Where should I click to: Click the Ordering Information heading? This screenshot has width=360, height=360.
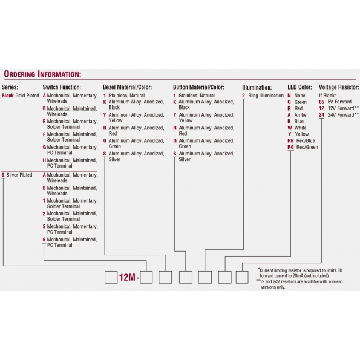click(x=42, y=74)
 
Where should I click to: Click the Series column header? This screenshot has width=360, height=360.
click(x=10, y=87)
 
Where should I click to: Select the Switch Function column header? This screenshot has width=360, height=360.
click(x=62, y=87)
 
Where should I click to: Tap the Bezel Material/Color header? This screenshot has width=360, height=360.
click(x=127, y=87)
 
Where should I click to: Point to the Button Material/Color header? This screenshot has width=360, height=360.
click(x=198, y=87)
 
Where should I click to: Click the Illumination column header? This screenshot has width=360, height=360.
click(x=257, y=87)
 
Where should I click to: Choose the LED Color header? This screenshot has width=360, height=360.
click(x=299, y=87)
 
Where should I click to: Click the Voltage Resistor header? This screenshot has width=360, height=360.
click(x=339, y=87)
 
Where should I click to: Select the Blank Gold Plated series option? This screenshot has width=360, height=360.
click(x=20, y=96)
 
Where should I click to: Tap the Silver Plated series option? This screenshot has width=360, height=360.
click(x=17, y=175)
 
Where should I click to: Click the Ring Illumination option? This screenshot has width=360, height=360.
click(x=263, y=96)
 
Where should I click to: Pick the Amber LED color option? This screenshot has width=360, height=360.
click(x=298, y=115)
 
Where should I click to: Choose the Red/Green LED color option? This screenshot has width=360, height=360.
click(x=303, y=147)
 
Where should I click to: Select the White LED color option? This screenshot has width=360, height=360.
click(x=297, y=128)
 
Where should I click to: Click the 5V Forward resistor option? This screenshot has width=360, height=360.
click(x=335, y=102)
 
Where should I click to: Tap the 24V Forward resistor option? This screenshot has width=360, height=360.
click(x=339, y=115)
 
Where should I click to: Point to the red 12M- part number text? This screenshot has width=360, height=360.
click(x=129, y=277)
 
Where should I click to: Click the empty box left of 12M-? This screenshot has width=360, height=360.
click(x=111, y=277)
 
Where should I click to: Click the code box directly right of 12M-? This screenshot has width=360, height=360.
click(x=146, y=277)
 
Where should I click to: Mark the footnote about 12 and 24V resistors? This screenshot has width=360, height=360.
click(x=299, y=284)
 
